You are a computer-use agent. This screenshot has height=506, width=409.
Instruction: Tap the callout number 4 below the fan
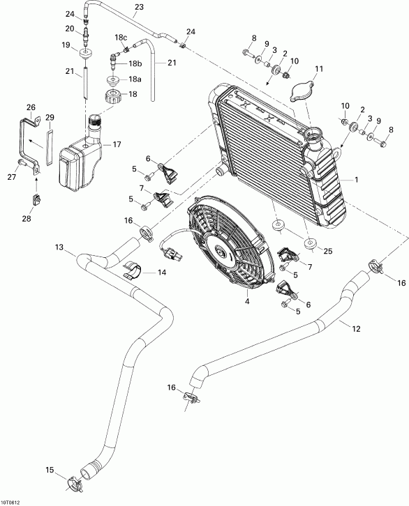click(x=227, y=302)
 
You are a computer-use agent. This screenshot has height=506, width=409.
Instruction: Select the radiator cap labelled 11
click(x=299, y=91)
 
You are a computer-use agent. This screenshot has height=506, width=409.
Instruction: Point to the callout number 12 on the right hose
click(x=357, y=329)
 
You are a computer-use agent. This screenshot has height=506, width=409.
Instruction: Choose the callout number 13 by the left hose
click(x=59, y=248)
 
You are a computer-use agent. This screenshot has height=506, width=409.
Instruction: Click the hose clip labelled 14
click(x=134, y=270)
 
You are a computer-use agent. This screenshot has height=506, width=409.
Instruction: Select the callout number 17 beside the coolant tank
click(x=117, y=144)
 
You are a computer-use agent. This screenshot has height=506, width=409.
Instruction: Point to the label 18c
click(x=121, y=37)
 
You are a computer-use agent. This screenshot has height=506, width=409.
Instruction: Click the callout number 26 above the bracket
click(x=30, y=107)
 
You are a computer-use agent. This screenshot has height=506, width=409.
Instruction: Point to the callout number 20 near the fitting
click(x=69, y=28)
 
